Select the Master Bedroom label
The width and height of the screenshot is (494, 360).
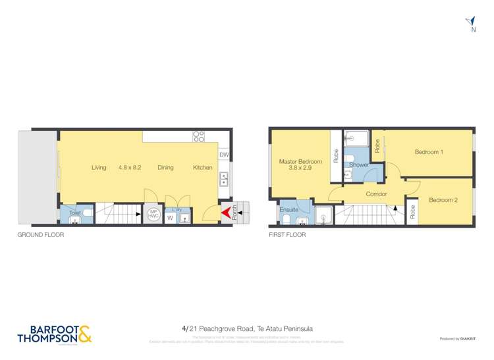tap(300, 161)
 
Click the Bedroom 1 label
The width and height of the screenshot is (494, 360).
tap(429, 152)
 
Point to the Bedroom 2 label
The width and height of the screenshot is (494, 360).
tap(443, 200)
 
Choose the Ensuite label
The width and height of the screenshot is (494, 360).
tap(289, 209)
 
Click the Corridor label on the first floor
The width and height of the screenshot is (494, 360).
tap(376, 194)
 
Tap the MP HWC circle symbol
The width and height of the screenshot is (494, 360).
tap(153, 214)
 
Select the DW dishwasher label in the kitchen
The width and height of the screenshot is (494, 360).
tap(224, 155)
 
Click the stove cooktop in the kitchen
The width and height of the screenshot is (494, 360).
tap(198, 136)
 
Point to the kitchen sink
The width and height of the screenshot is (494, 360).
tap(224, 178)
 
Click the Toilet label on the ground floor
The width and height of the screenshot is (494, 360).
tap(75, 213)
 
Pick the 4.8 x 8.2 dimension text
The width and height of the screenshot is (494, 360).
tap(130, 168)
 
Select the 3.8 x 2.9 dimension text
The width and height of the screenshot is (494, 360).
tap(300, 168)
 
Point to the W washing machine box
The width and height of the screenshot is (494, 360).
tap(170, 218)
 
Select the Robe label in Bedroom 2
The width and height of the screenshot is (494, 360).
tap(412, 212)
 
